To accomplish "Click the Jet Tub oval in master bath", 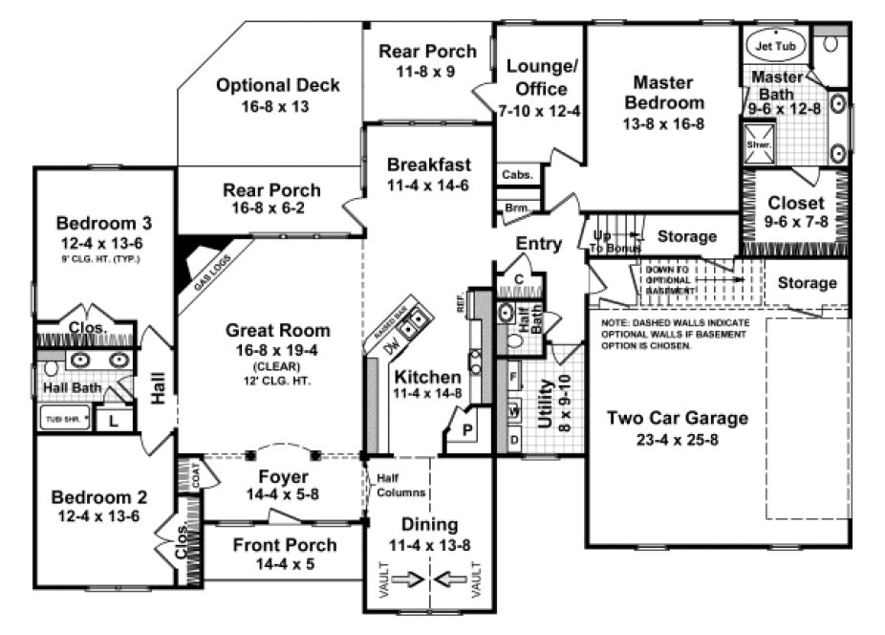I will pos(775,45).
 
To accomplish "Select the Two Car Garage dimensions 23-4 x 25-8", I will pos(679,442).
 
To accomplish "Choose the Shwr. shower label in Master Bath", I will pos(758,144).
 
